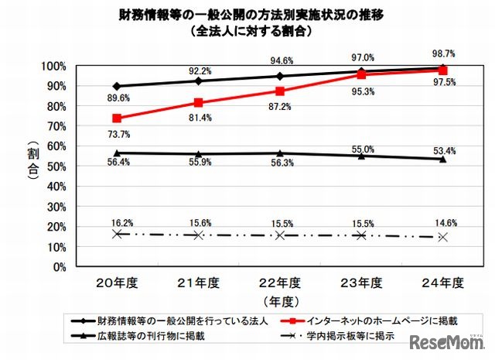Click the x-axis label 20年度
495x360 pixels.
(117, 283)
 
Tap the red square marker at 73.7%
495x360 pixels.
(117, 118)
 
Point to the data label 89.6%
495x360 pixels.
(117, 99)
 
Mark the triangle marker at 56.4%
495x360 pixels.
(117, 153)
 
